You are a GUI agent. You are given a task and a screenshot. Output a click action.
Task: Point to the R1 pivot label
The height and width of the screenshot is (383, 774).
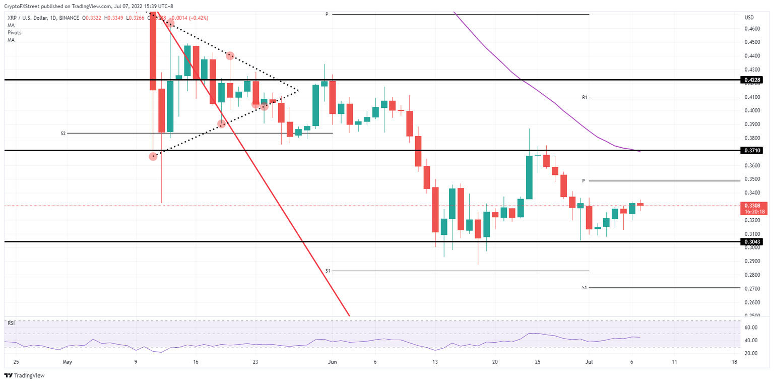[585, 97]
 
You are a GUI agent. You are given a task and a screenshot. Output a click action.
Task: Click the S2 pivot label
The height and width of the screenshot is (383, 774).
[63, 134]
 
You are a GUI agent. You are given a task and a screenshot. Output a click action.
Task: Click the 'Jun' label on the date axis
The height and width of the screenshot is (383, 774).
[332, 362]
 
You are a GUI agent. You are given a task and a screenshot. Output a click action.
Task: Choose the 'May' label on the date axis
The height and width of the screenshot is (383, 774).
[68, 362]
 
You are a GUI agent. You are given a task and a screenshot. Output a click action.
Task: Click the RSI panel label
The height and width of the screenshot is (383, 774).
[11, 323]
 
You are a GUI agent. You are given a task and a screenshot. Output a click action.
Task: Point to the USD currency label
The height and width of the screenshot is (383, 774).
[749, 18]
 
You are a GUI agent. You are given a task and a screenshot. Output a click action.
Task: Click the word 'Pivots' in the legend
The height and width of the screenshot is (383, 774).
[15, 32]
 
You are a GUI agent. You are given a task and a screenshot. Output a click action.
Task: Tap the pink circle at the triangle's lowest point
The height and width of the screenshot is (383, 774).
[153, 157]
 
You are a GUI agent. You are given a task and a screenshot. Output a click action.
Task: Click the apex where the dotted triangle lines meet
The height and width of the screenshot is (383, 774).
[298, 91]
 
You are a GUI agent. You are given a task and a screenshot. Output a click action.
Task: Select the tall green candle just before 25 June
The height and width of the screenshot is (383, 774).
[530, 177]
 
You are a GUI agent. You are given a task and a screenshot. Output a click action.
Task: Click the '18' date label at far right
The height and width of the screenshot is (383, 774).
[734, 362]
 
